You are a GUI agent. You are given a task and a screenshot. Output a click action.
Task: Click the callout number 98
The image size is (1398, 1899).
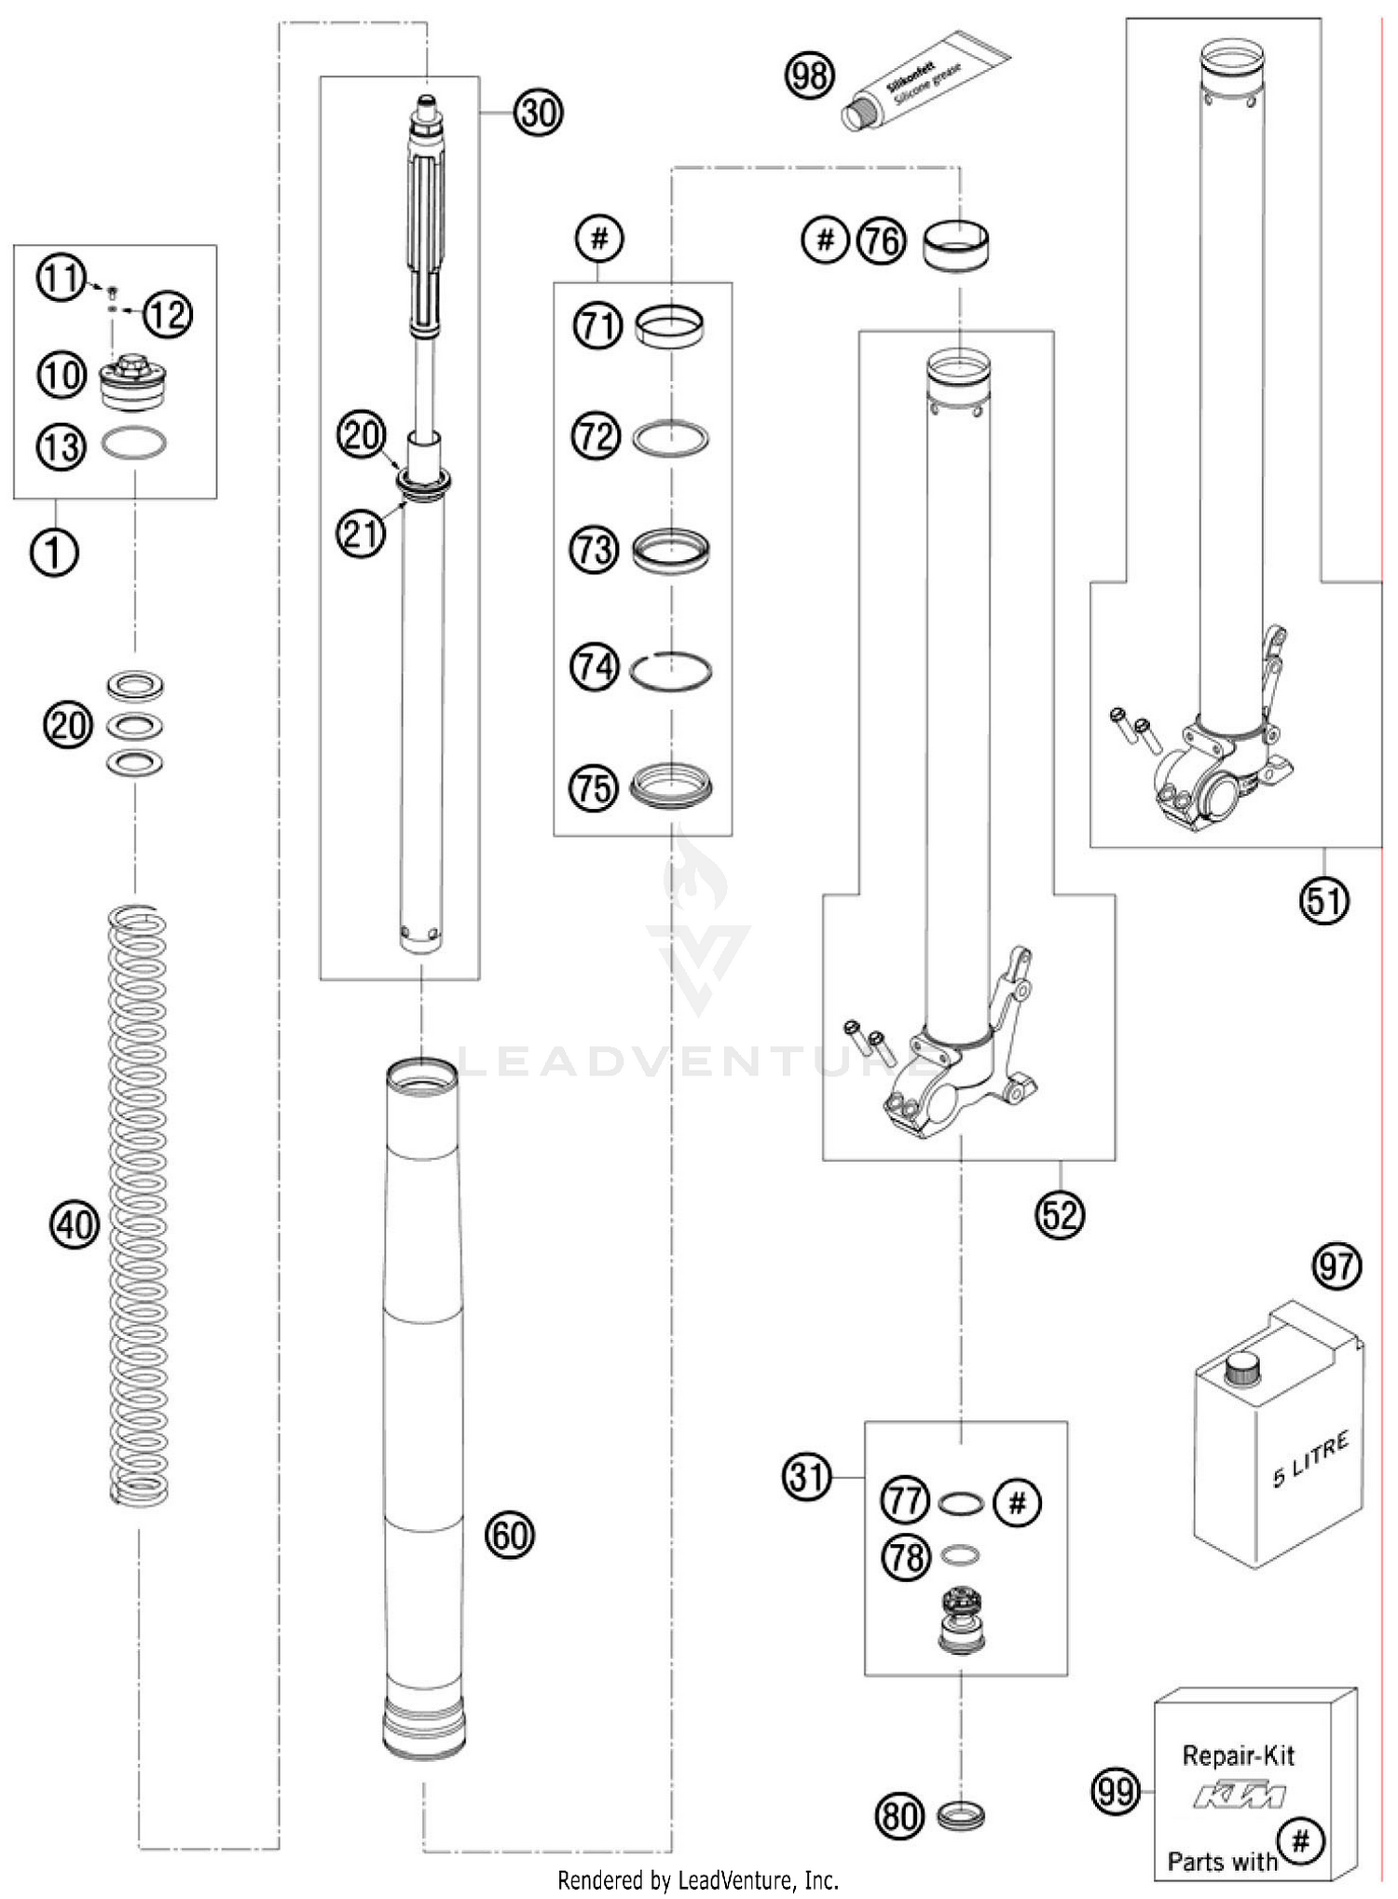click(809, 75)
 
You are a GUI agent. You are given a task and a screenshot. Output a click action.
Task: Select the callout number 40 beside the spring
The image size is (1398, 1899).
click(75, 1223)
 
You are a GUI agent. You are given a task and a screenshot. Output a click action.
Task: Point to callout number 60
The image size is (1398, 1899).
click(510, 1534)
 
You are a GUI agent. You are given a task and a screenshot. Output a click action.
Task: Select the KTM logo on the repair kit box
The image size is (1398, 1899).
click(1240, 1796)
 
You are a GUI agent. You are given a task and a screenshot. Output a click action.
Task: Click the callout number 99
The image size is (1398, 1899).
click(1115, 1792)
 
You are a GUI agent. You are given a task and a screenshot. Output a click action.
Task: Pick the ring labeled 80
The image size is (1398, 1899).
click(960, 1815)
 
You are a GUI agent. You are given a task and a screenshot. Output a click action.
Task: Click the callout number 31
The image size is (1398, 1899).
click(807, 1478)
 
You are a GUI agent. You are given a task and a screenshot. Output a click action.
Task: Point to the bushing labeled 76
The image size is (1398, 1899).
click(957, 243)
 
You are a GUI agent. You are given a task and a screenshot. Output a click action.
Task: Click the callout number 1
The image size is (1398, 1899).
click(55, 553)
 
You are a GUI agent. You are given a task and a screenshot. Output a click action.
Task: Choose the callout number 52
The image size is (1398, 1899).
click(1060, 1214)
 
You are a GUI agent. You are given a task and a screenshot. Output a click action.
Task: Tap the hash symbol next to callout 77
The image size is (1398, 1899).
click(1018, 1502)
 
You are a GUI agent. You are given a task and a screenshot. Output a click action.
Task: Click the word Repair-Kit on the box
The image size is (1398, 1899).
click(1238, 1756)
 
